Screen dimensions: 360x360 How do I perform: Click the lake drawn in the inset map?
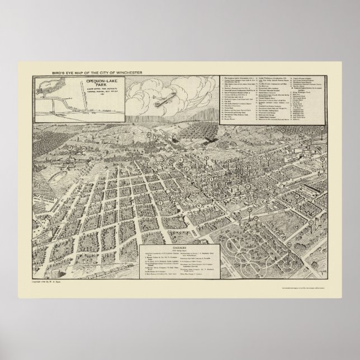48,89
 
